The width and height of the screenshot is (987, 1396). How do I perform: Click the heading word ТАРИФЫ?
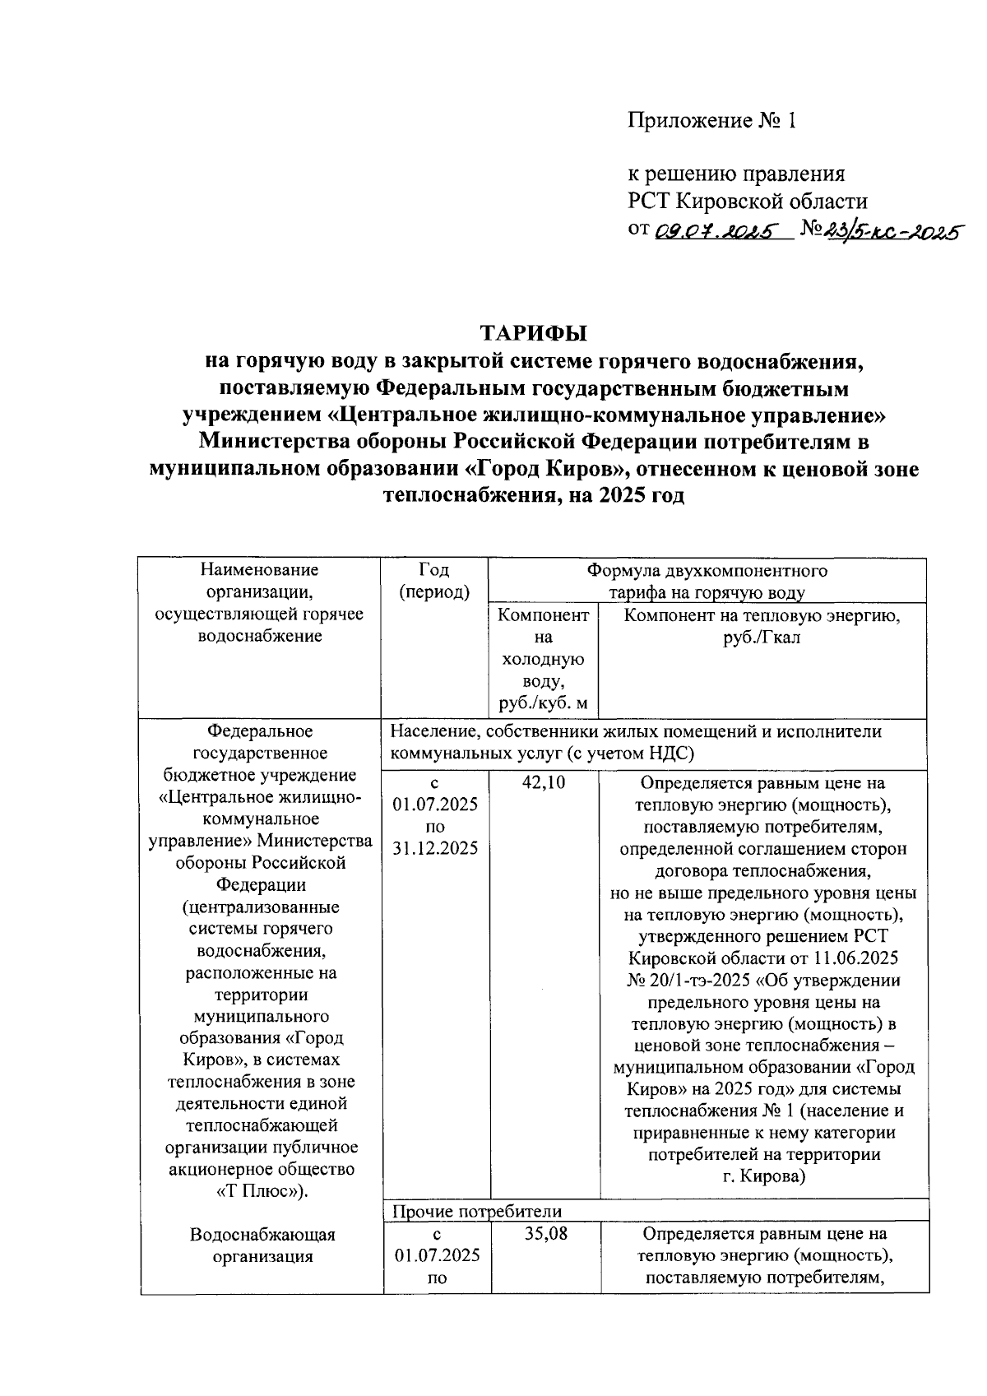coord(534,333)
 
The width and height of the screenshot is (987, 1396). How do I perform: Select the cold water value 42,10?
coord(544,783)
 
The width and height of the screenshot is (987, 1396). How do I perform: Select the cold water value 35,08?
coord(545,1234)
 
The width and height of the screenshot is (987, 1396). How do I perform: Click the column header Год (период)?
coord(434,581)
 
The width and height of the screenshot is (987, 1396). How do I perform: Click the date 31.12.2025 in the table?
coord(435,849)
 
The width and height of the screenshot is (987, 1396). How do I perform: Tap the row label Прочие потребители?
coord(477,1211)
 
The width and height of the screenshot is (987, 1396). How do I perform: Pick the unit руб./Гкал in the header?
coord(762,638)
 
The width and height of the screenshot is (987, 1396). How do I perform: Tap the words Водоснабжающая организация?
coord(262,1245)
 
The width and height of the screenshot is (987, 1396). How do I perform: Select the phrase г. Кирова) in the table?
coord(763,1176)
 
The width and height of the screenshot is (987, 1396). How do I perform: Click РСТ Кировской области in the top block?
coord(748,201)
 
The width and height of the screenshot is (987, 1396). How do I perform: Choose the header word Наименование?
coord(260,570)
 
